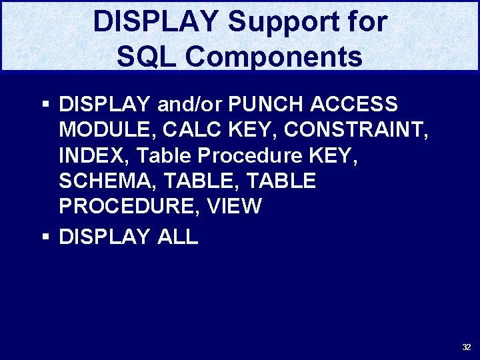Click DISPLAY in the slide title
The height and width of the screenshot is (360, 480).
pos(155,22)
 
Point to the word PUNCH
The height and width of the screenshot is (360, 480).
pos(262,105)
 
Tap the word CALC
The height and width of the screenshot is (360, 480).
pos(198,130)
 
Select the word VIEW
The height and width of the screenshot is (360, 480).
pos(235,206)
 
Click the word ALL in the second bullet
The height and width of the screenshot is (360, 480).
pos(177,237)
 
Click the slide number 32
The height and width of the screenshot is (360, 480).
pos(467,347)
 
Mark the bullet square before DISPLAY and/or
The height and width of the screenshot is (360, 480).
pos(45,105)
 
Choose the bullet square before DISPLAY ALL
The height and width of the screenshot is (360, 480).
pos(45,237)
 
